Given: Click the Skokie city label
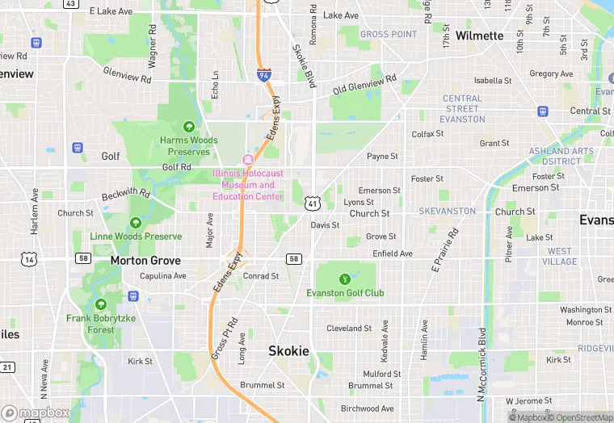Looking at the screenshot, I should coord(288,350).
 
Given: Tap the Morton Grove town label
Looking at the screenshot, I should coord(145,261).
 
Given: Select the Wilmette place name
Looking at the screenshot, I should coord(479,36).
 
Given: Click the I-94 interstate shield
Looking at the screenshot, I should coord(264,74).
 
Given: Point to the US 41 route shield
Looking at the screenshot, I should coord(312,203).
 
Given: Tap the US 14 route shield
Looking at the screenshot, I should coord(29,258).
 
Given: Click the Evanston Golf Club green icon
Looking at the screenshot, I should coord(345,279).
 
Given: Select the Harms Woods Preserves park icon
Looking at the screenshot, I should coord(189,126).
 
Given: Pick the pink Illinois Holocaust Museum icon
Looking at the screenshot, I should coord(248,158).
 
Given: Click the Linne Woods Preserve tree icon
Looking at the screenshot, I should coord(136,222).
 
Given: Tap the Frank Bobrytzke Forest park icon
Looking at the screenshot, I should coord(101,304).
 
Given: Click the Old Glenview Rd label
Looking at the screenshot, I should coord(364,84).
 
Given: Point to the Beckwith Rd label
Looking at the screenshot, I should coord(126,195).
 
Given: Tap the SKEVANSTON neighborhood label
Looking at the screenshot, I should coord(447,211).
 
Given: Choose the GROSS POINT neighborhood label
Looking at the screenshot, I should coord(389,35).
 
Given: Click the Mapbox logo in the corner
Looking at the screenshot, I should coord(35,413).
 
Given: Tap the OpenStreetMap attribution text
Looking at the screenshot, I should coord(581,417).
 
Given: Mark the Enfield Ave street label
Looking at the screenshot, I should coord(393,253).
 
